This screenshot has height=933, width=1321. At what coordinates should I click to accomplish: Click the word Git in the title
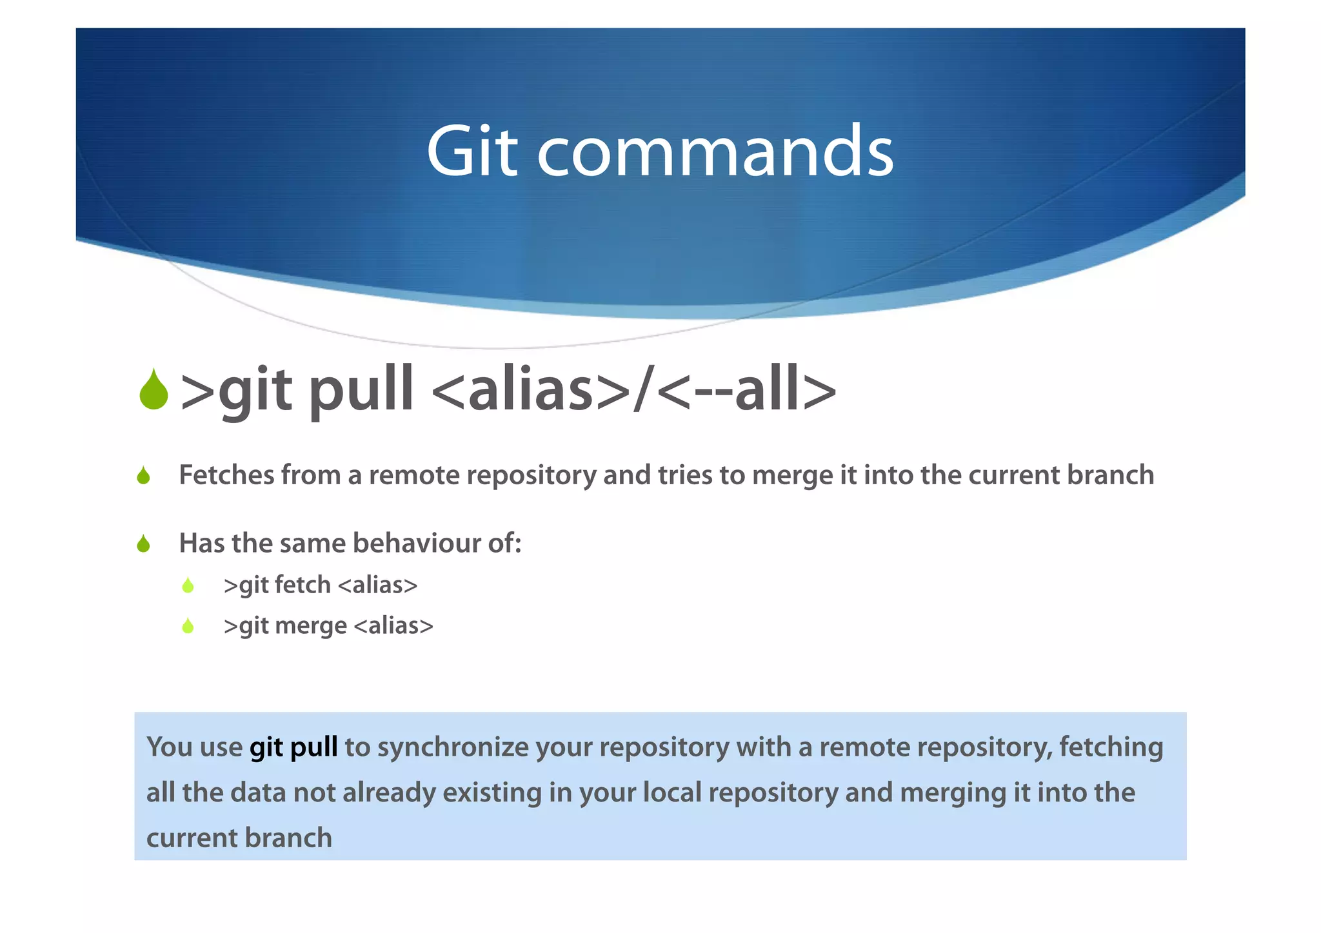pos(472,152)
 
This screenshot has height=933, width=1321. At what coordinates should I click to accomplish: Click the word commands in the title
pos(715,152)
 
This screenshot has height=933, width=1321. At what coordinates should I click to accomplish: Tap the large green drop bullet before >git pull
pos(154,391)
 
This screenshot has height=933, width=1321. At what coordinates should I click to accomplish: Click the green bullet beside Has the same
pos(144,544)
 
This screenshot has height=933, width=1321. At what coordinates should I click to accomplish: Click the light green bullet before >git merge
pos(188,626)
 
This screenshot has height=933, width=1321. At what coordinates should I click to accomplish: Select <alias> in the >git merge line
pos(393,625)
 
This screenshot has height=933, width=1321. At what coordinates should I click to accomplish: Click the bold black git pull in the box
pos(293,747)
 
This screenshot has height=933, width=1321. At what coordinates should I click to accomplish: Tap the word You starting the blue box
pos(169,747)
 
